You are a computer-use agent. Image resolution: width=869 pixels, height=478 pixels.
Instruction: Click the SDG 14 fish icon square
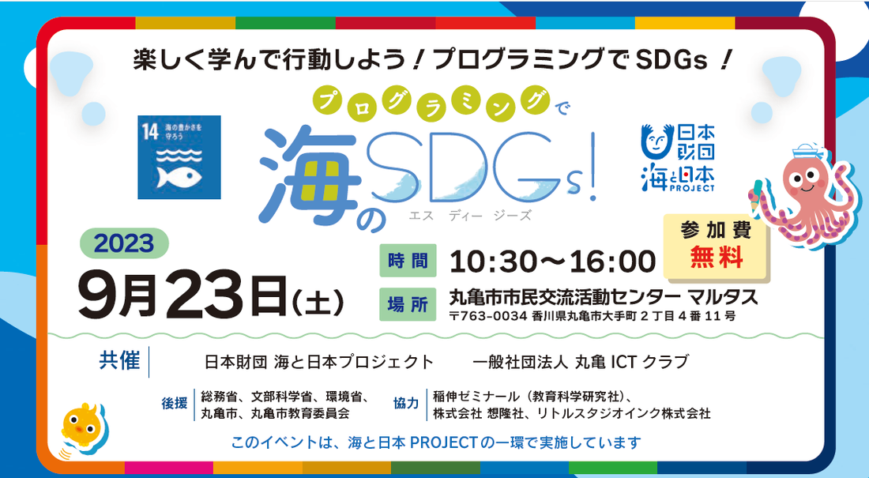[x=179, y=157]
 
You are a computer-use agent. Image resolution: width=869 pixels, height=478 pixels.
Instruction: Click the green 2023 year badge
[x=124, y=243]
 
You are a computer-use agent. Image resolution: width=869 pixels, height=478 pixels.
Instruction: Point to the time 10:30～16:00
[x=552, y=262]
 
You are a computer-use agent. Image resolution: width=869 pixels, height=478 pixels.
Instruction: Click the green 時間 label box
[x=408, y=260]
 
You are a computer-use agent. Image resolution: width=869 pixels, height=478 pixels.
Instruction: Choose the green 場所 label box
[x=408, y=304]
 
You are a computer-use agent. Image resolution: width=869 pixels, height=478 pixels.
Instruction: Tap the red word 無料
[x=716, y=257]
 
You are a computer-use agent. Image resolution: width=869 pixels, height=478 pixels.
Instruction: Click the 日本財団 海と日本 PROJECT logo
[x=678, y=157]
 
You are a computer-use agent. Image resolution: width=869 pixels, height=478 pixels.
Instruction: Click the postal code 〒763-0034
[x=487, y=317]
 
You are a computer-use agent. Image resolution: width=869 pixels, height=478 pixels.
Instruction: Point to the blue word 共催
[x=119, y=360]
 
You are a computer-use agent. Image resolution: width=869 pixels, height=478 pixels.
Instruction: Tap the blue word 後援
[x=174, y=403]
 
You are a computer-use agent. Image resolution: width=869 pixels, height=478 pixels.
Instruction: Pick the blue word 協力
[x=406, y=403]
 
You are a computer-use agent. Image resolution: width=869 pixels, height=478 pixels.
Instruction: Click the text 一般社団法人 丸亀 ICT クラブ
[x=581, y=362]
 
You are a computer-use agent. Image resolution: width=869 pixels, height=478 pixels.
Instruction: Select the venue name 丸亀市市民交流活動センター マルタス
[x=603, y=297]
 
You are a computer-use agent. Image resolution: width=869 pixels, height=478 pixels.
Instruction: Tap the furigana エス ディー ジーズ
[x=470, y=215]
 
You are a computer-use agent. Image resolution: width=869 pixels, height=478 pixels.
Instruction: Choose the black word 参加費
[x=716, y=230]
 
